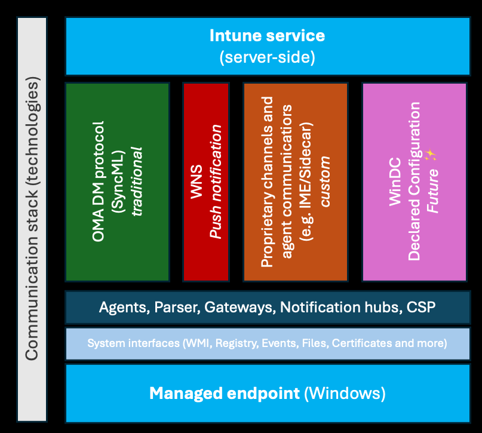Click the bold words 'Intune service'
click(x=267, y=36)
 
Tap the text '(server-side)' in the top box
click(x=267, y=57)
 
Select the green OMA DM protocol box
click(x=118, y=182)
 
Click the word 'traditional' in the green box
click(x=137, y=182)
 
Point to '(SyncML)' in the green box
click(x=118, y=182)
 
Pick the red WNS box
click(x=206, y=182)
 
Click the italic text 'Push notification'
click(x=216, y=182)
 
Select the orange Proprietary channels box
click(x=296, y=182)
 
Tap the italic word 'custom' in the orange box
click(x=325, y=182)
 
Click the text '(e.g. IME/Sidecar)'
click(x=306, y=182)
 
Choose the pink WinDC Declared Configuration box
click(x=415, y=182)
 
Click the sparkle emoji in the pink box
click(x=431, y=155)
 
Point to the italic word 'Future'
click(x=432, y=191)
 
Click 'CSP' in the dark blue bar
click(x=421, y=307)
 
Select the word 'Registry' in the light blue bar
click(x=237, y=343)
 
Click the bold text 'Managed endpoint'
click(x=225, y=394)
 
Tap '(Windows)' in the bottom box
click(x=345, y=394)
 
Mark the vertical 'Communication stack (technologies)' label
click(x=32, y=219)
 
